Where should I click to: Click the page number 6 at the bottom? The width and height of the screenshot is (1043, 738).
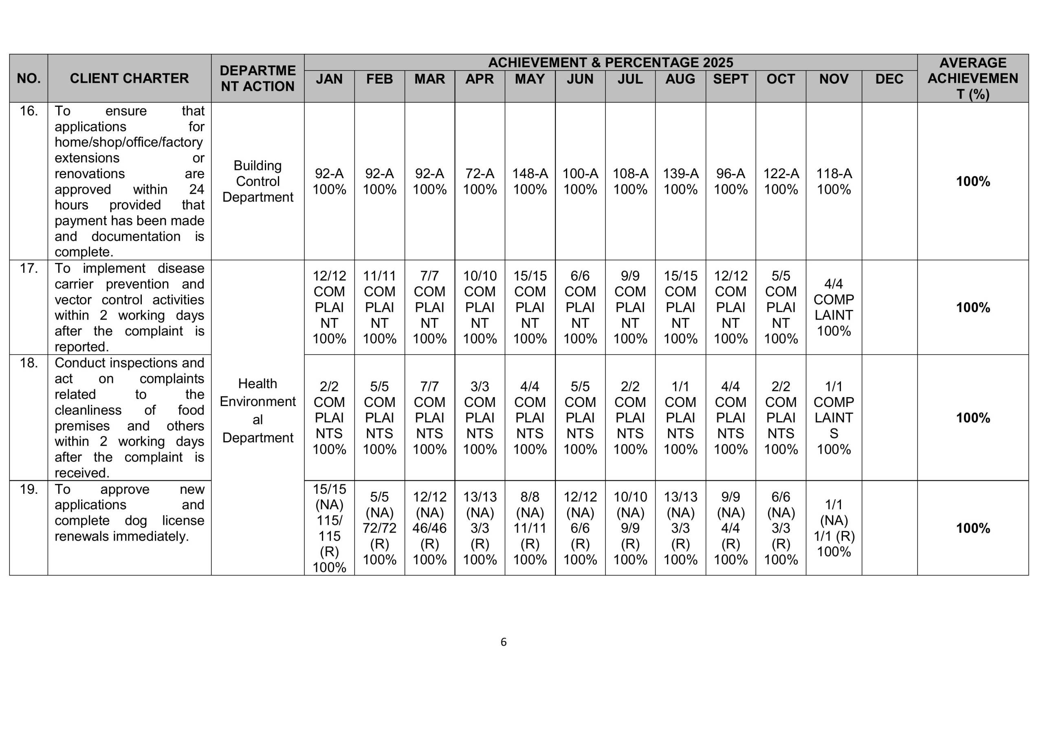[503, 642]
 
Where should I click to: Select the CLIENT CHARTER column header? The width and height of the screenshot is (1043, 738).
[129, 78]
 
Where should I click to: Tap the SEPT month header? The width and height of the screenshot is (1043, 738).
[730, 79]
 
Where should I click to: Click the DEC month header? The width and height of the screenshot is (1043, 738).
[889, 79]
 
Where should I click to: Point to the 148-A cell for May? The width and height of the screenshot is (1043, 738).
[530, 181]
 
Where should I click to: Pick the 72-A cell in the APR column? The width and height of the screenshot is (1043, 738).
[480, 181]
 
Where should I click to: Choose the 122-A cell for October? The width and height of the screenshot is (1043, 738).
[781, 181]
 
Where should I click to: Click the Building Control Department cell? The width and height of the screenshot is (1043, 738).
[257, 181]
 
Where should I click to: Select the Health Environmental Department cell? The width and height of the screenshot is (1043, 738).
[257, 410]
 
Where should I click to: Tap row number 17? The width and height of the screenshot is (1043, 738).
[29, 268]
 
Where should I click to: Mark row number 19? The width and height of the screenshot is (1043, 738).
[29, 489]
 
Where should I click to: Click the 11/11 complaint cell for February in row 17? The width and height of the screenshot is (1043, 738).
[379, 307]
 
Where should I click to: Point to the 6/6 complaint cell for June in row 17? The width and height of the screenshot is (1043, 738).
[580, 307]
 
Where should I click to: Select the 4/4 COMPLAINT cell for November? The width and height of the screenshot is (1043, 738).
[834, 307]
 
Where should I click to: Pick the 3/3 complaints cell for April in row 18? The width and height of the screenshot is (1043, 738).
[480, 418]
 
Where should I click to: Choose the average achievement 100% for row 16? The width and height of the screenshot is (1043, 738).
[973, 181]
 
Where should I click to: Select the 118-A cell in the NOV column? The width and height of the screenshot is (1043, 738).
[834, 181]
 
